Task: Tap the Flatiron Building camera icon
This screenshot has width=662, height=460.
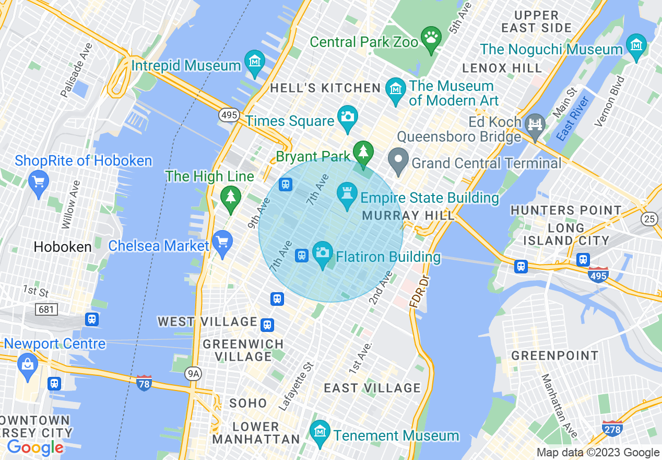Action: click(x=323, y=252)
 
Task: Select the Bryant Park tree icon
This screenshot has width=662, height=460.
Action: click(x=362, y=152)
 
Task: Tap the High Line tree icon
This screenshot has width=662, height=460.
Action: click(x=230, y=197)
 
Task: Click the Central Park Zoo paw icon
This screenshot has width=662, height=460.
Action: click(x=431, y=38)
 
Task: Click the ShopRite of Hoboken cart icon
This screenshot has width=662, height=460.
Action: click(x=38, y=181)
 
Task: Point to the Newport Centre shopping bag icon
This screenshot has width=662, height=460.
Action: click(x=27, y=364)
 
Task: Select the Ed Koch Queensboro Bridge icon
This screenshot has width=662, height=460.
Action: click(x=535, y=124)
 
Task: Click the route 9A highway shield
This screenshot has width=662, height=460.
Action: click(x=193, y=373)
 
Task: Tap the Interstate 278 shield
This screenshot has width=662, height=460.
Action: click(x=612, y=428)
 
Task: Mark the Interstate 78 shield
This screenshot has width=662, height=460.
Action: click(x=144, y=383)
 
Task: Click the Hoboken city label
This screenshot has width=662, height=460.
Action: click(x=62, y=247)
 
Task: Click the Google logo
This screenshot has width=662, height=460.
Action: click(x=35, y=447)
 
